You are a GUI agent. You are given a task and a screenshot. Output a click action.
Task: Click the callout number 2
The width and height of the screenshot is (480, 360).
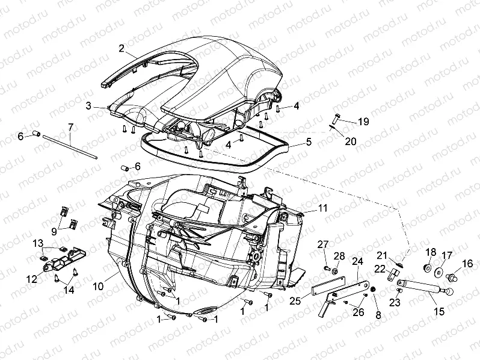tap(122, 48)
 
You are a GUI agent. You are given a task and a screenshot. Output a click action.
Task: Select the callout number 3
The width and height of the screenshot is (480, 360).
tap(89, 106)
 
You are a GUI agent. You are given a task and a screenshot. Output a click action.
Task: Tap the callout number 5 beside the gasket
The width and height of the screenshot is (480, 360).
tap(309, 142)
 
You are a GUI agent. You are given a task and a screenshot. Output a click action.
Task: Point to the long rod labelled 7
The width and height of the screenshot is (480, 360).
tap(70, 146)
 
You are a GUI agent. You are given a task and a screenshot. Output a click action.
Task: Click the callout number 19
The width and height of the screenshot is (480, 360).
tap(363, 122)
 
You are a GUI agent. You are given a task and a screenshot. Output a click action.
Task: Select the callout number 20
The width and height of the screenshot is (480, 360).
tap(351, 141)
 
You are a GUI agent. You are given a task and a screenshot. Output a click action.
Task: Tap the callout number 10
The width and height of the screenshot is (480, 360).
tap(99, 287)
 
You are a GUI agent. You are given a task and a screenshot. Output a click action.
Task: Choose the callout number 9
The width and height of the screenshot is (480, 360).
tap(54, 232)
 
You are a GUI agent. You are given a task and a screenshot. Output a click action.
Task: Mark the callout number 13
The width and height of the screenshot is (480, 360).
tap(38, 244)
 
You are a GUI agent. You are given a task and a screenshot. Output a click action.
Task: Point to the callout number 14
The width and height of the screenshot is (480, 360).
tap(69, 290)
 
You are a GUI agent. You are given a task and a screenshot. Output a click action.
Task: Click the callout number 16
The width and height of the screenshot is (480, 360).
tap(467, 264)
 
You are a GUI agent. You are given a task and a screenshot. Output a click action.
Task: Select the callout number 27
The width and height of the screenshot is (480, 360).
tap(323, 244)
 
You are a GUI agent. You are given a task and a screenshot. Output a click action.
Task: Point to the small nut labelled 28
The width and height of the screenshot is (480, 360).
tap(335, 271)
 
